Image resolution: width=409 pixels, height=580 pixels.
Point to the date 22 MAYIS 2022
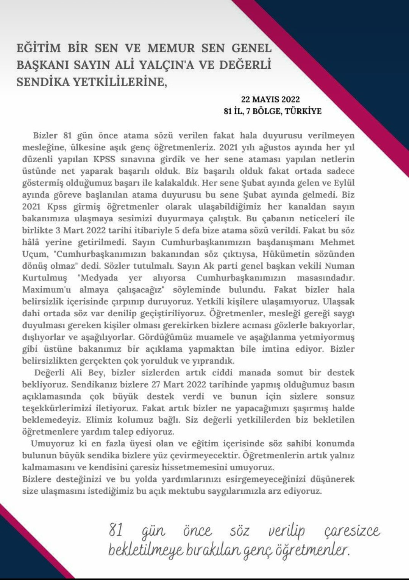tap(270, 100)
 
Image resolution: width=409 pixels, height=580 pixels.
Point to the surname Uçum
tap(34, 254)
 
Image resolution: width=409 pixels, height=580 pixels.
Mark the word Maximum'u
tap(45, 290)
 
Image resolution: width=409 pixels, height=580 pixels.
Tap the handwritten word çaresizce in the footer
tap(352, 532)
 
